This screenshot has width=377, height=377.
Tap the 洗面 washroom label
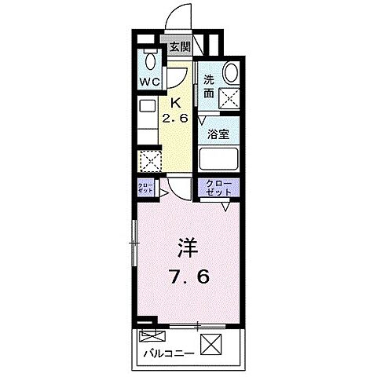[209, 86]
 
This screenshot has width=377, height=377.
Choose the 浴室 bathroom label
[218, 134]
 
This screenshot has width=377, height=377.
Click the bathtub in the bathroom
[219, 159]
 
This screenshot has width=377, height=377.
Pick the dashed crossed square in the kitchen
[149, 161]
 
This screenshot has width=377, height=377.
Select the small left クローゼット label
[146, 188]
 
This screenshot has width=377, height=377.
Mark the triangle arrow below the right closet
[227, 207]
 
